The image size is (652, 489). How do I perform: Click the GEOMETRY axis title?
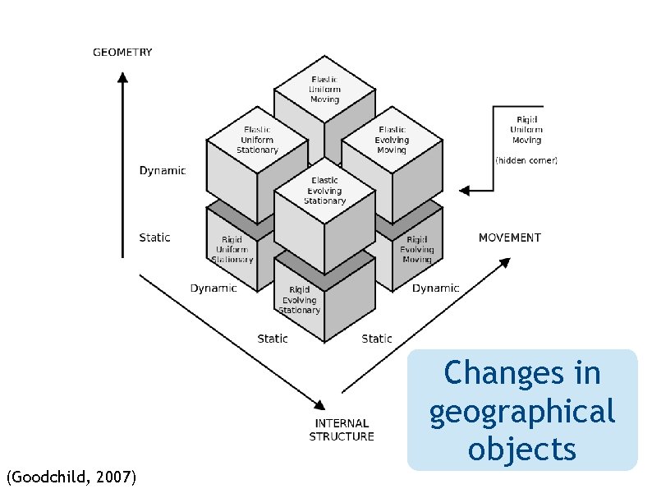(x=122, y=53)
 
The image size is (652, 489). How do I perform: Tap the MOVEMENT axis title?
(x=509, y=238)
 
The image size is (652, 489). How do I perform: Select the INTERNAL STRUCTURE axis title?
(x=341, y=431)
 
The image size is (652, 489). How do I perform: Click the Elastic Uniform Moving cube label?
(x=324, y=89)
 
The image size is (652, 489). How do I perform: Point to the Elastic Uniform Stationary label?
(x=257, y=140)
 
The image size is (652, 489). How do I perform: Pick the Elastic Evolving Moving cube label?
(x=392, y=140)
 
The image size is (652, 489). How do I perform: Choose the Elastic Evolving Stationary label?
(x=324, y=191)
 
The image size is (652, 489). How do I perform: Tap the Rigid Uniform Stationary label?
(x=232, y=249)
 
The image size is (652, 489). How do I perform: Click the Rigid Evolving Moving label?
(x=416, y=249)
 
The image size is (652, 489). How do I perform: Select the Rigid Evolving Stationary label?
(x=299, y=300)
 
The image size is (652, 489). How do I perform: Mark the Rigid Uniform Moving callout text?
(x=526, y=129)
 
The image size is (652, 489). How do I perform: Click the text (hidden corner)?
(x=526, y=161)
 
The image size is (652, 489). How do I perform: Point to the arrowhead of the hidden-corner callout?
(x=463, y=191)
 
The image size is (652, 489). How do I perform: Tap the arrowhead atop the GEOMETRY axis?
(x=122, y=77)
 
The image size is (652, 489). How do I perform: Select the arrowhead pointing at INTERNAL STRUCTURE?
(x=319, y=404)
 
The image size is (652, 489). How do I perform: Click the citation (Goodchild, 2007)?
(x=71, y=476)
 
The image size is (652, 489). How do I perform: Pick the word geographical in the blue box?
(x=521, y=411)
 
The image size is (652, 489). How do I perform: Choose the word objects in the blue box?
(x=521, y=449)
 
